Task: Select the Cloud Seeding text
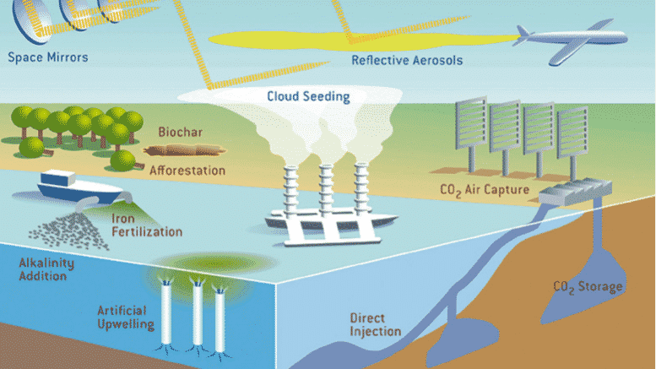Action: click(x=307, y=96)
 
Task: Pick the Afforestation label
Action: click(x=187, y=171)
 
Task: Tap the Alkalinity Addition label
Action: click(x=46, y=269)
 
